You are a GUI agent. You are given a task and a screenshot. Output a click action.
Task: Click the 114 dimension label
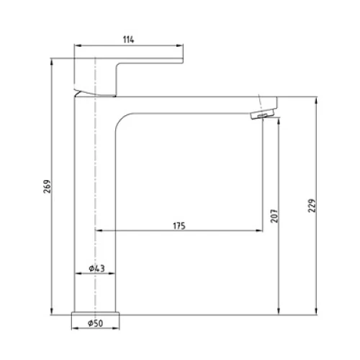pyautogui.click(x=128, y=40)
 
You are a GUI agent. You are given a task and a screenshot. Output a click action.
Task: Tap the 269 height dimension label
pyautogui.click(x=48, y=186)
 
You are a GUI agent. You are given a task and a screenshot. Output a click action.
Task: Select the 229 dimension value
pyautogui.click(x=312, y=205)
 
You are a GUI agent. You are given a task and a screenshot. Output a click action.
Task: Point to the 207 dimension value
pyautogui.click(x=274, y=216)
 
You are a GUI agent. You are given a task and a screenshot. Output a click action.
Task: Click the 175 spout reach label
pyautogui.click(x=179, y=226)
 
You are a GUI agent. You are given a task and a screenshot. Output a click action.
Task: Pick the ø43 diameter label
pyautogui.click(x=96, y=269)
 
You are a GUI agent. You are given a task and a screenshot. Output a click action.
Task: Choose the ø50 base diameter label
pyautogui.click(x=95, y=323)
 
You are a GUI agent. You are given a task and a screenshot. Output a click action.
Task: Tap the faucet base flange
pyautogui.click(x=95, y=314)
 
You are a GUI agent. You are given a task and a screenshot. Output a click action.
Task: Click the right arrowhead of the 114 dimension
pyautogui.click(x=180, y=45)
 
